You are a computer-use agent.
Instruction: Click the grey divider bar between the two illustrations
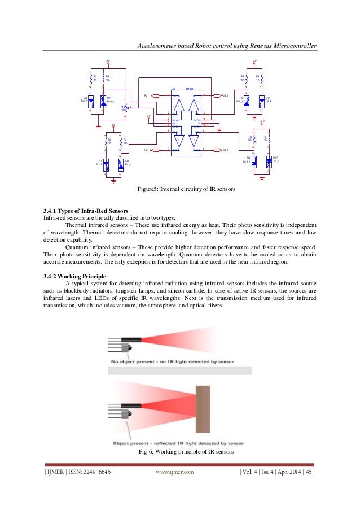(180, 370)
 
